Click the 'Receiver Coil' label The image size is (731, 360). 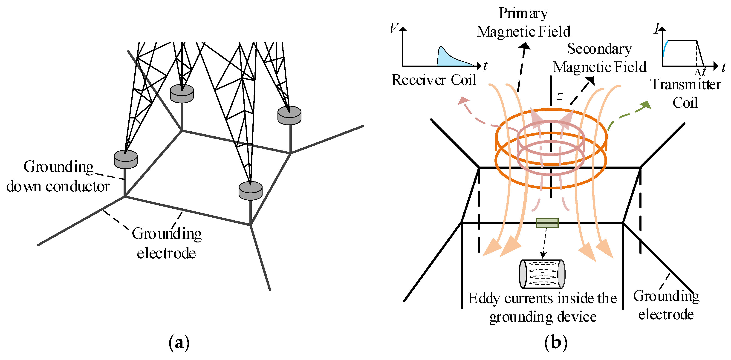[433, 80]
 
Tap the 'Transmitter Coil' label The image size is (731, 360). [686, 94]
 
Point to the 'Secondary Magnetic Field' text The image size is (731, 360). [599, 58]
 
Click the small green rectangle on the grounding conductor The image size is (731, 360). [547, 223]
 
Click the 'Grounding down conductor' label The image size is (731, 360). [58, 176]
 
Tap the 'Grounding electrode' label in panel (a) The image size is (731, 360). [167, 243]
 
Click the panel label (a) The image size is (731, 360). [179, 343]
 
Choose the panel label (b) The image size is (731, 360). [556, 343]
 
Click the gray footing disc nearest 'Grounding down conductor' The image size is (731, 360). [126, 159]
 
